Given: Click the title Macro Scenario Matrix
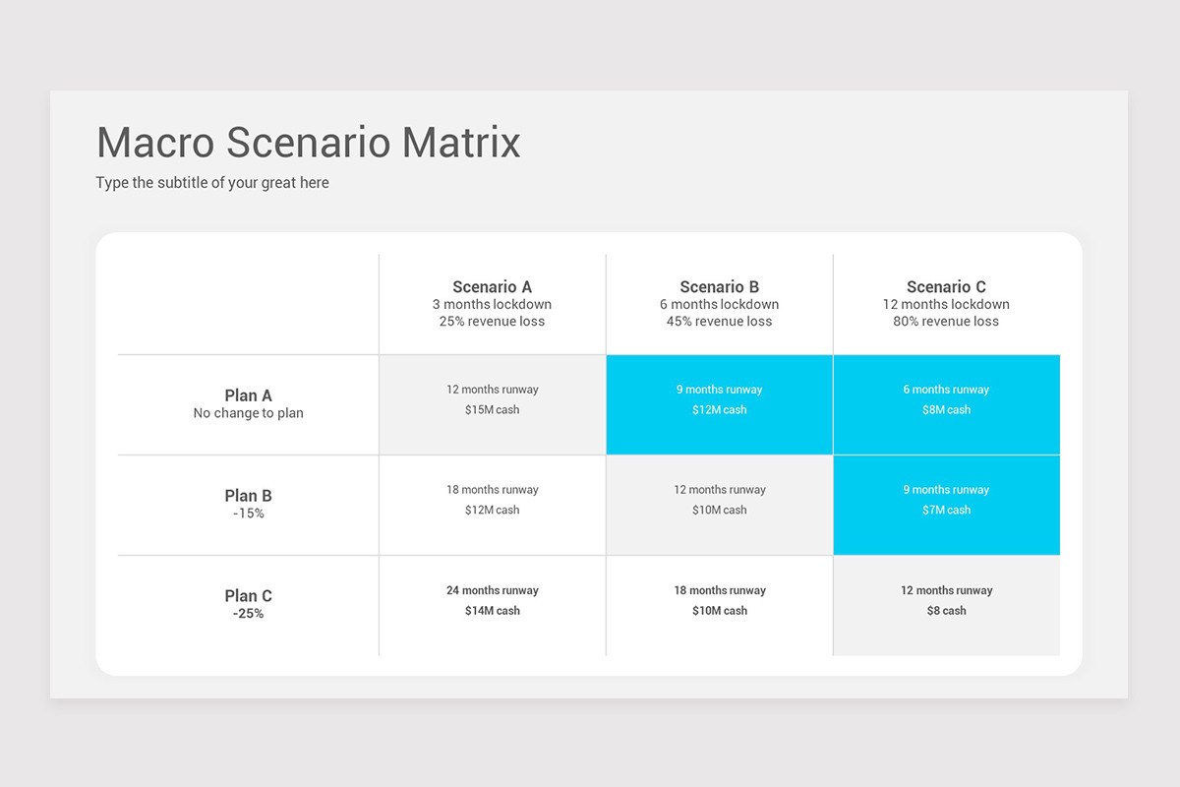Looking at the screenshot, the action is click(309, 143).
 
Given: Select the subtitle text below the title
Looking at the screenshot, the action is click(212, 183).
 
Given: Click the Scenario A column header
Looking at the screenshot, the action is click(492, 286).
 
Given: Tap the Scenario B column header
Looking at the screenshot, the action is click(719, 286).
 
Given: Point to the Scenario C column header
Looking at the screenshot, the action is click(946, 286).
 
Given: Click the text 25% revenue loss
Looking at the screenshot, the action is click(492, 321).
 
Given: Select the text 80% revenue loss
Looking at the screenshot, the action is click(946, 321).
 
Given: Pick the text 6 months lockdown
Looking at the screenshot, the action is click(719, 304).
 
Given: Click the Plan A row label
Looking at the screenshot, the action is click(248, 395).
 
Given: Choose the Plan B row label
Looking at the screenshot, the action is click(248, 496).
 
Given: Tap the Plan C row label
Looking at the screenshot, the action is click(248, 595).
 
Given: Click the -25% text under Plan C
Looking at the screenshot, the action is click(248, 614).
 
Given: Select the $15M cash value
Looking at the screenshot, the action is click(492, 409).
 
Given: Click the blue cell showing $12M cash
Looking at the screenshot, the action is click(720, 405).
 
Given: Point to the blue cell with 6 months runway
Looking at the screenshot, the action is click(947, 405).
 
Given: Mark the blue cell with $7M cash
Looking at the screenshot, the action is click(947, 505).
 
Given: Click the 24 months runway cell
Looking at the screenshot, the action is click(493, 606).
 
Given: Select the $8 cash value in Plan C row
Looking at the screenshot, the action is click(947, 610).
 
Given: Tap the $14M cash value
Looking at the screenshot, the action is click(492, 610).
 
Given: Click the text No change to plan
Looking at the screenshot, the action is click(248, 413).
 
